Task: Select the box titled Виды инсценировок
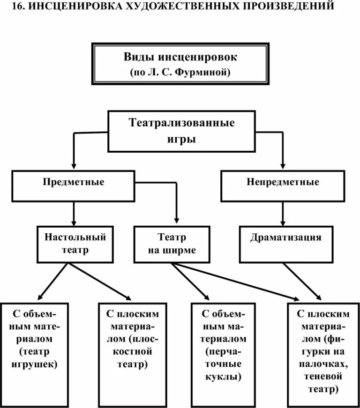pyautogui.click(x=180, y=65)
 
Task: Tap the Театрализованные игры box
pyautogui.click(x=181, y=131)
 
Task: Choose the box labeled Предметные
pyautogui.click(x=74, y=185)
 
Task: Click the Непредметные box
pyautogui.click(x=283, y=185)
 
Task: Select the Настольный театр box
pyautogui.click(x=75, y=244)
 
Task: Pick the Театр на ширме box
pyautogui.click(x=172, y=244)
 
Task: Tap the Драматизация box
pyautogui.click(x=285, y=244)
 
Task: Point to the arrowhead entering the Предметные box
pyautogui.click(x=74, y=166)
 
